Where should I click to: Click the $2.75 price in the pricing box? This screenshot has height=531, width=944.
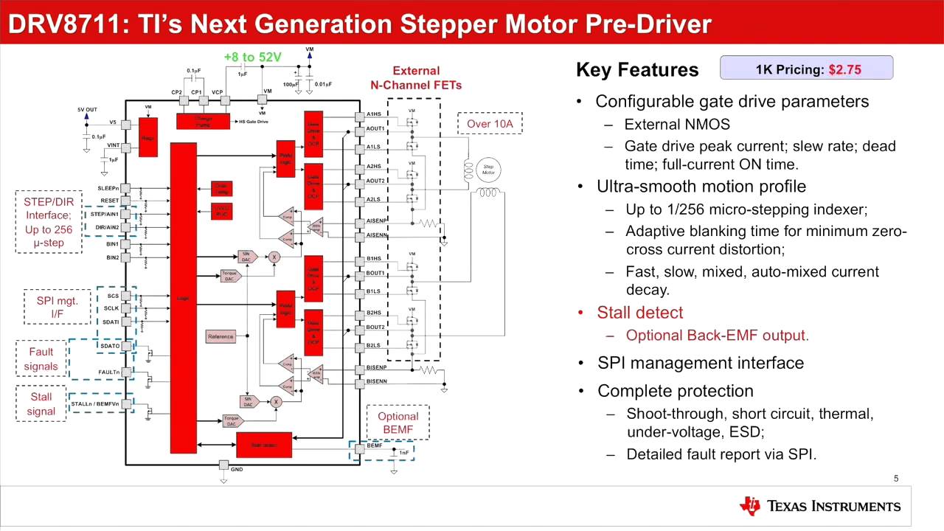(x=844, y=70)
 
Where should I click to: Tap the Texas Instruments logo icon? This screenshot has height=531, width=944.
(x=749, y=506)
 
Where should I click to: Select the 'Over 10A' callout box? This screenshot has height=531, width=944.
(x=490, y=124)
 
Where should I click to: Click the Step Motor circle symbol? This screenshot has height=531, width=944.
(x=488, y=170)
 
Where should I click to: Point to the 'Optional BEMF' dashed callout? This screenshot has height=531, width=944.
(x=398, y=423)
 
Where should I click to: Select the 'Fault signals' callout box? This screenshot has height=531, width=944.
(x=41, y=359)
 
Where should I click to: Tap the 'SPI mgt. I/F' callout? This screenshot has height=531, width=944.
(x=57, y=307)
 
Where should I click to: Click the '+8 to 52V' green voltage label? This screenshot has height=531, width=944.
(x=252, y=57)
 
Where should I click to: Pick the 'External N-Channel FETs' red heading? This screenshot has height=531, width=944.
(x=416, y=78)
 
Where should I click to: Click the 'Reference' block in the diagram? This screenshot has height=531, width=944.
(x=221, y=336)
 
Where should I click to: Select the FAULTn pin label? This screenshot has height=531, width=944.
(x=108, y=372)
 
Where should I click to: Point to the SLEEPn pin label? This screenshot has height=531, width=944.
(x=108, y=189)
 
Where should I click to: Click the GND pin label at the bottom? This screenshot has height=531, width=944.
(x=236, y=470)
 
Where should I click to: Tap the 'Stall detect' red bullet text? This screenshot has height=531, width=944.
(x=639, y=313)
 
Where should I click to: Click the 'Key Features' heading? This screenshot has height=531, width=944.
(x=637, y=70)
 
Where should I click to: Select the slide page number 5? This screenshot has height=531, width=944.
(x=896, y=479)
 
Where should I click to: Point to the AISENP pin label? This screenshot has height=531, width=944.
(x=376, y=221)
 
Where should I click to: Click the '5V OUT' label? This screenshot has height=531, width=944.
(x=87, y=110)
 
